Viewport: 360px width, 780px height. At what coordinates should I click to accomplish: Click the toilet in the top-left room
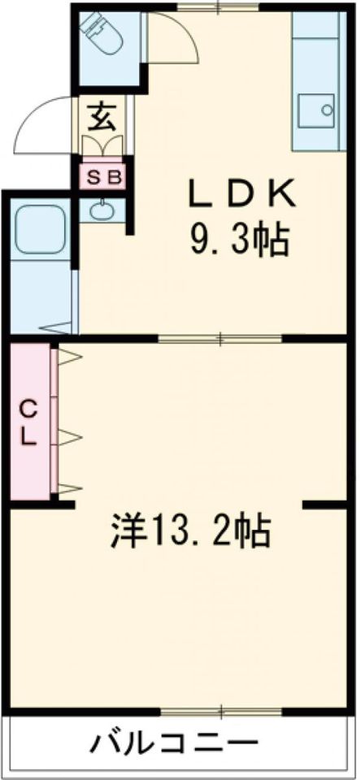(x=101, y=32)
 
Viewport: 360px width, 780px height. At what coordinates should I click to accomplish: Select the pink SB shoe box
(x=102, y=177)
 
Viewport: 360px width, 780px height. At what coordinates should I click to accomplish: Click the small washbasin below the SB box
(x=102, y=210)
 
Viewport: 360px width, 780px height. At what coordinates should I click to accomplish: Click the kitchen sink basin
(x=315, y=110)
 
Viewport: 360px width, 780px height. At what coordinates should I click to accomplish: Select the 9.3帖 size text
(x=238, y=240)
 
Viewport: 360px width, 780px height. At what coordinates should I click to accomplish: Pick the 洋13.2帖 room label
(x=190, y=531)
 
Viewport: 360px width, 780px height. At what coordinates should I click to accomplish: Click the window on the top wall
(x=219, y=6)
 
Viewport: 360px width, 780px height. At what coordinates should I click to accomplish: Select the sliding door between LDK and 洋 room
(x=220, y=339)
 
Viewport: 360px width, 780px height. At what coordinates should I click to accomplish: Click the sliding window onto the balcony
(x=222, y=712)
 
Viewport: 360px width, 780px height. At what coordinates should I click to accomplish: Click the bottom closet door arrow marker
(x=70, y=488)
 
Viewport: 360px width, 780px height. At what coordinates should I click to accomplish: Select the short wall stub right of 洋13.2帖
(x=325, y=505)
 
